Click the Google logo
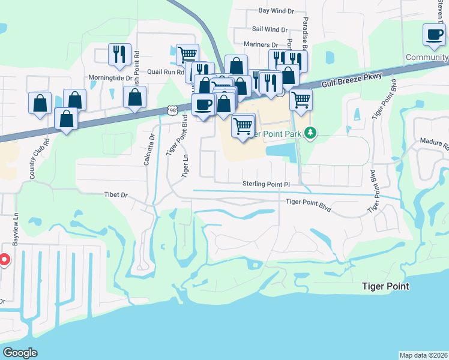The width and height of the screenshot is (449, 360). coord(20,353)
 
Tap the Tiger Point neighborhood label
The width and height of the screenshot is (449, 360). coord(385,286)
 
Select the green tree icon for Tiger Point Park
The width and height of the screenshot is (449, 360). coord(310,132)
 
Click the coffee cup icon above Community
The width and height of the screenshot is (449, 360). coord(433,35)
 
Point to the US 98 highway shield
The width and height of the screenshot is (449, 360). coord(173,110)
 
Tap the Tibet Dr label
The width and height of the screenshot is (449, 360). coord(116,195)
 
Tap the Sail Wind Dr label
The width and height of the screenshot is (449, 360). coord(270,29)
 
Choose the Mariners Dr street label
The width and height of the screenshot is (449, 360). coord(261,44)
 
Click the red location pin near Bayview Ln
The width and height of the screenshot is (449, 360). coord(3,260)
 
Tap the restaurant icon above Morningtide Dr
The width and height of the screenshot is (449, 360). coord(119,54)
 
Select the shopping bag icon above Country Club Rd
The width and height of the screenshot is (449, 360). coord(40,103)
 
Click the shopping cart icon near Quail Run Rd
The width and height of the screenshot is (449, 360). coord(187,54)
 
